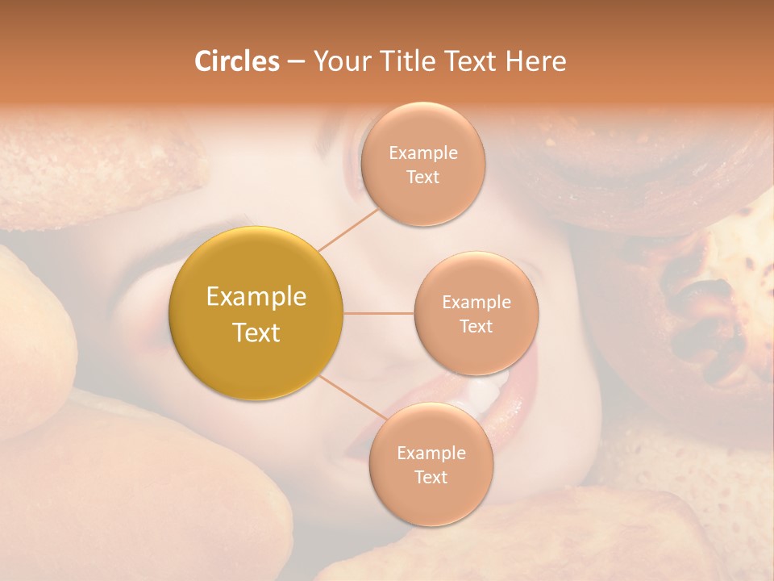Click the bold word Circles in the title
coord(236,61)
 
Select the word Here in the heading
coord(535,61)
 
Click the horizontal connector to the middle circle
coord(379,313)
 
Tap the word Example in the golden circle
coord(256,297)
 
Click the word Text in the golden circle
coord(256,332)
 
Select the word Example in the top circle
coord(422,153)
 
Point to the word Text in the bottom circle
coord(431,477)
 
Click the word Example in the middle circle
coord(476,303)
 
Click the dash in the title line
coord(296,62)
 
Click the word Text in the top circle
coord(422,177)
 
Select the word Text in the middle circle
coord(476,326)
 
